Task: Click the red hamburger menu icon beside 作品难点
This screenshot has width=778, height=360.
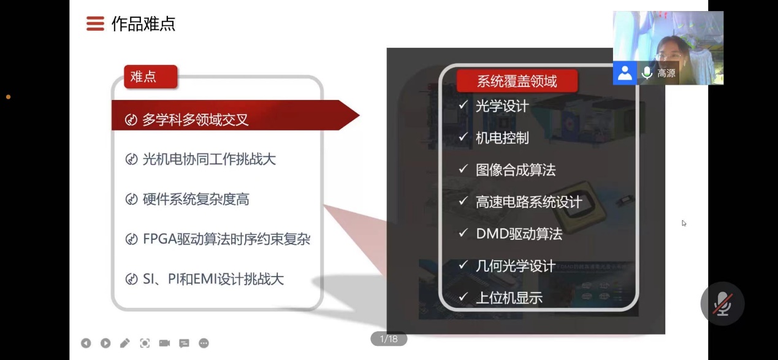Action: pyautogui.click(x=95, y=23)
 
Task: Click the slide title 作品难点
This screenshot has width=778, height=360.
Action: pyautogui.click(x=143, y=24)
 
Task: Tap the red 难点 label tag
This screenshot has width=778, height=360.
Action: pyautogui.click(x=151, y=77)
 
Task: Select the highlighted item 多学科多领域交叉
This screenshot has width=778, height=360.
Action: pyautogui.click(x=195, y=120)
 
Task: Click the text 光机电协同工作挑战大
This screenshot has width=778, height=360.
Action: pyautogui.click(x=209, y=159)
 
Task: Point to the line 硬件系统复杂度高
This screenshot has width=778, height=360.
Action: pyautogui.click(x=196, y=199)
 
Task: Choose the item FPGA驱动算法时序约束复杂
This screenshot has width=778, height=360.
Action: pyautogui.click(x=226, y=239)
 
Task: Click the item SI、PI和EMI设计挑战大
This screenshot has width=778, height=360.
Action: pyautogui.click(x=213, y=279)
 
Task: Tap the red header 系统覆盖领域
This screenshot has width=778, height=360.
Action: pyautogui.click(x=517, y=81)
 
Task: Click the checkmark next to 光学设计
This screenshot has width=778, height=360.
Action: pyautogui.click(x=463, y=105)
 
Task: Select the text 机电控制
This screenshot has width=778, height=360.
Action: pyautogui.click(x=502, y=138)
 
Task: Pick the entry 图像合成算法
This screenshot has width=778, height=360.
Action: pyautogui.click(x=516, y=170)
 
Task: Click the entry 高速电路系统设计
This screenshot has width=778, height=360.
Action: pyautogui.click(x=529, y=202)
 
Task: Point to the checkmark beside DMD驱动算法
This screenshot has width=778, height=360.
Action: pyautogui.click(x=463, y=232)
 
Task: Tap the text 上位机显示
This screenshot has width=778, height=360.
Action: pyautogui.click(x=509, y=298)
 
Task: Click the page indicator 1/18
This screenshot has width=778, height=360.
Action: pyautogui.click(x=389, y=339)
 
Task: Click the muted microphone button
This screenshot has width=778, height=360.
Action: pyautogui.click(x=722, y=304)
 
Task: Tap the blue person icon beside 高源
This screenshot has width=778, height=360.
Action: pyautogui.click(x=625, y=73)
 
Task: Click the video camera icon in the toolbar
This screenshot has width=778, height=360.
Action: pyautogui.click(x=164, y=343)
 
